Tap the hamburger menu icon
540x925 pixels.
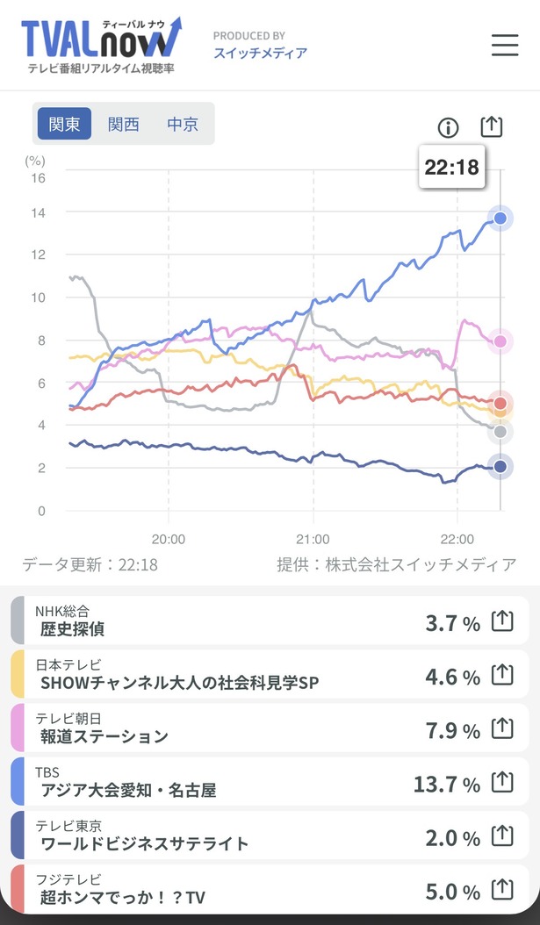(x=505, y=45)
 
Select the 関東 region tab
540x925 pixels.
(x=64, y=124)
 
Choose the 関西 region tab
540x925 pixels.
(x=123, y=124)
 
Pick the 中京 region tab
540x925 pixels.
(x=183, y=124)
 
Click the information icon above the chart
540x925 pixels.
(x=448, y=127)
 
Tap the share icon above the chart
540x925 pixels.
(x=492, y=126)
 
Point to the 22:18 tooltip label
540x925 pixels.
(x=452, y=167)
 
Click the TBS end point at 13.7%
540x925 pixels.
(x=500, y=219)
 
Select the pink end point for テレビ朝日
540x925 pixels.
(x=500, y=341)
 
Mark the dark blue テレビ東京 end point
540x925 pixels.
(x=500, y=467)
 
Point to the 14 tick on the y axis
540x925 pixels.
(x=38, y=212)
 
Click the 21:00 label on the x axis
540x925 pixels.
(x=313, y=539)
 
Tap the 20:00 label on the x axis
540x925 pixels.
(x=169, y=539)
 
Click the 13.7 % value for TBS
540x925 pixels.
(x=447, y=785)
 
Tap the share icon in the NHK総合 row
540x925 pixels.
(x=502, y=621)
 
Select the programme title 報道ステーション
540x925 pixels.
(x=104, y=736)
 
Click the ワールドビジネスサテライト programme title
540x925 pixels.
(x=145, y=843)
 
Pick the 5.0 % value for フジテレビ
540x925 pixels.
(x=453, y=892)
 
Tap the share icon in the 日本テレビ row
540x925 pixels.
(x=502, y=675)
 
